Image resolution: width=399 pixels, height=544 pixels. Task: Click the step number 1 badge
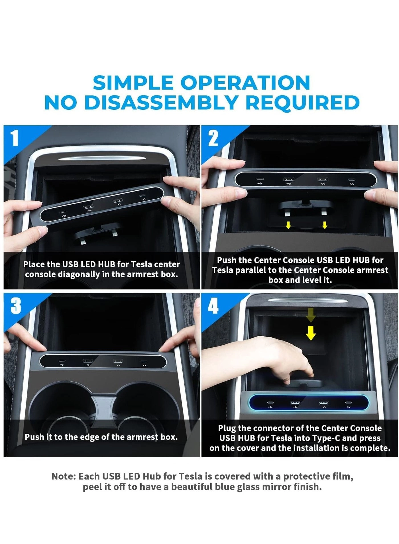pos(14,138)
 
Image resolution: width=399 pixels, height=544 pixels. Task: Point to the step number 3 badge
pos(16,306)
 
